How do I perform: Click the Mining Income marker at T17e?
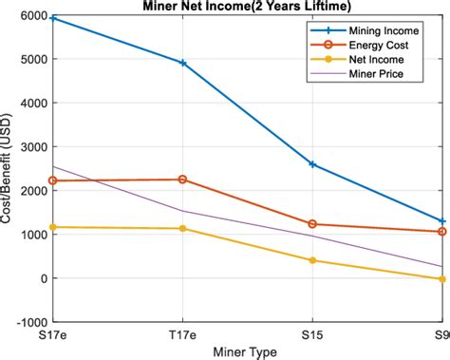182,63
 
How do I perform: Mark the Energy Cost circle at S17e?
53,180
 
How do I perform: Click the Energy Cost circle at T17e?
182,180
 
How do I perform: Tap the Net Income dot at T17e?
182,228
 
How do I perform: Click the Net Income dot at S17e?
53,227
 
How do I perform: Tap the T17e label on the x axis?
182,335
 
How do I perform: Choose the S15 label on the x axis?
311,335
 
